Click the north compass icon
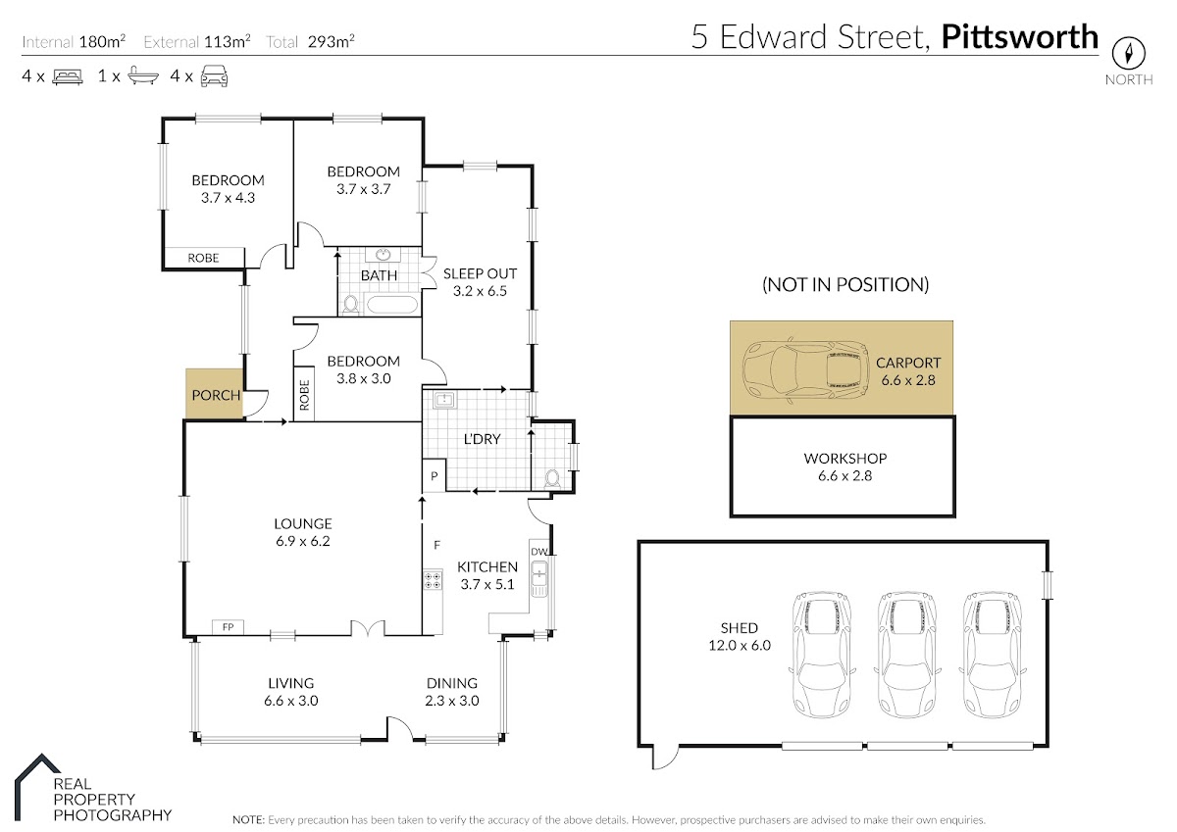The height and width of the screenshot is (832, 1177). pyautogui.click(x=1128, y=53)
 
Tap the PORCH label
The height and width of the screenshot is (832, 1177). pyautogui.click(x=216, y=395)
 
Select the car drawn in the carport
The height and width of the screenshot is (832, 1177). pyautogui.click(x=805, y=370)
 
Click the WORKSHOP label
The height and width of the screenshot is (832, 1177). pyautogui.click(x=844, y=459)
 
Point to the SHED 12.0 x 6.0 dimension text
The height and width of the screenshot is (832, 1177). pyautogui.click(x=740, y=645)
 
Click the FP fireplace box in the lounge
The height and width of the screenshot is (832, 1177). pyautogui.click(x=228, y=627)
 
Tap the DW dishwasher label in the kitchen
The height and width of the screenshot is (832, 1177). pyautogui.click(x=538, y=552)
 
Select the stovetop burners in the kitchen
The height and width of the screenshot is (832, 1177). pyautogui.click(x=433, y=580)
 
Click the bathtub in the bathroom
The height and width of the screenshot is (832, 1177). pyautogui.click(x=392, y=305)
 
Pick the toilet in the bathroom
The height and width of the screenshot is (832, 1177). pyautogui.click(x=350, y=305)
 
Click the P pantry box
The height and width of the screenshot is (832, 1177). pyautogui.click(x=434, y=475)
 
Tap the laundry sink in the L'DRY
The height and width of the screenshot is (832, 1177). pyautogui.click(x=444, y=400)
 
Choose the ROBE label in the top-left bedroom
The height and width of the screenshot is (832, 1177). pyautogui.click(x=203, y=258)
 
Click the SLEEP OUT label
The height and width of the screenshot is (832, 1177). pyautogui.click(x=480, y=273)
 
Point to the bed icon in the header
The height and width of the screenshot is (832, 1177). pyautogui.click(x=68, y=76)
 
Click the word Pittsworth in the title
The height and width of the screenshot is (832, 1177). pyautogui.click(x=1019, y=36)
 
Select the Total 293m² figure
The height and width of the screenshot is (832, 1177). pyautogui.click(x=310, y=41)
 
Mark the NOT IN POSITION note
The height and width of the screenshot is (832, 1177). pyautogui.click(x=844, y=284)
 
